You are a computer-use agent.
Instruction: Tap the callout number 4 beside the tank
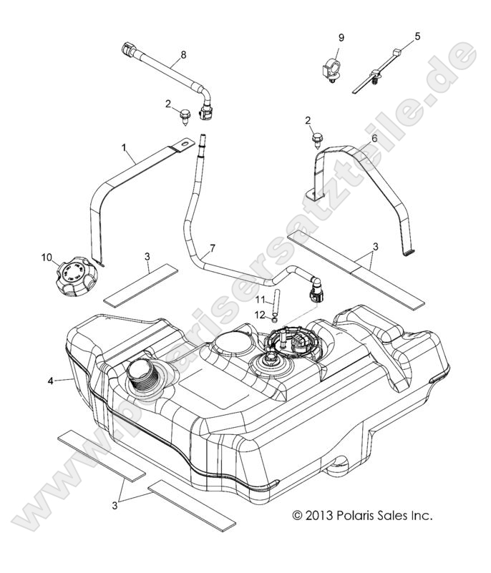pos(50,381)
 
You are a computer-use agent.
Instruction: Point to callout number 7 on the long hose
pos(211,250)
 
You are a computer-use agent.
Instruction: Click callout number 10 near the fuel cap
pos(47,255)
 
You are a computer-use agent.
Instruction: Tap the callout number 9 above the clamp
pos(341,36)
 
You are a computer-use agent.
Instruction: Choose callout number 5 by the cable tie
pos(418,35)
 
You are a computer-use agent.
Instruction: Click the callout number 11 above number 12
pos(261,298)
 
